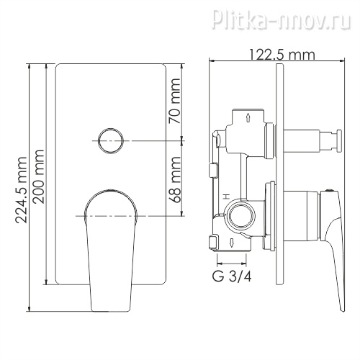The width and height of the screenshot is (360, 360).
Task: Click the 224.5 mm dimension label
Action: pos(21,190)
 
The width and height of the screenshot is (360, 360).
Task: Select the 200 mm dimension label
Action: pos(38,177)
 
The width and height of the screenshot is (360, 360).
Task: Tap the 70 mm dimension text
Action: pos(174,101)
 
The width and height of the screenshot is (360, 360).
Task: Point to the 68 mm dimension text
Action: pos(174,179)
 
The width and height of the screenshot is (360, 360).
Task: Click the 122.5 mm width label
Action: pos(282,55)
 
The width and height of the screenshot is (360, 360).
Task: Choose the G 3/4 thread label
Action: pos(232,276)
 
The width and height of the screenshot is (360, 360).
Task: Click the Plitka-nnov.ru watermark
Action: pos(282,18)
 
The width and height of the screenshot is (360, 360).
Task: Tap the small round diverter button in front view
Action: pos(111,141)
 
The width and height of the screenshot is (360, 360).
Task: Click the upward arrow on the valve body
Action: pos(248,118)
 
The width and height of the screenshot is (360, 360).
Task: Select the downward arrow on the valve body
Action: pos(232,243)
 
